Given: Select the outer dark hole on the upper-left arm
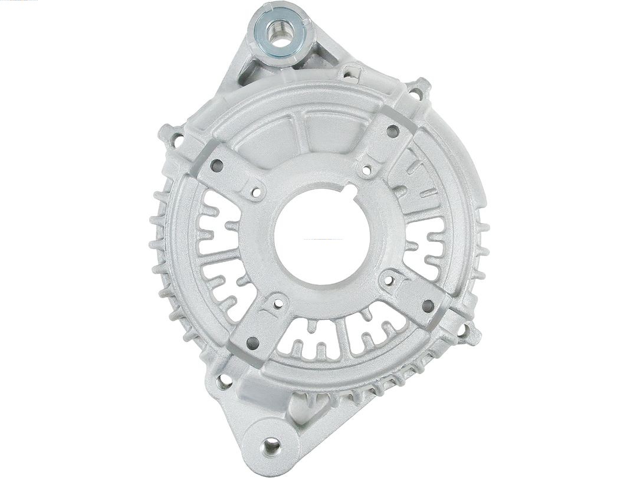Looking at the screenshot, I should (x=216, y=166).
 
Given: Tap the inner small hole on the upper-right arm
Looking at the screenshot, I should (x=367, y=170).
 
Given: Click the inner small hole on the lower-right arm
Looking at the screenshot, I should (x=390, y=279).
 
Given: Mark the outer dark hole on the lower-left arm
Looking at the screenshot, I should (x=252, y=342).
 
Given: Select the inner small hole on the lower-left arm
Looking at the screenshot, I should (x=278, y=303).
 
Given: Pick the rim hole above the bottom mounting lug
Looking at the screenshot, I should (x=225, y=381).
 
